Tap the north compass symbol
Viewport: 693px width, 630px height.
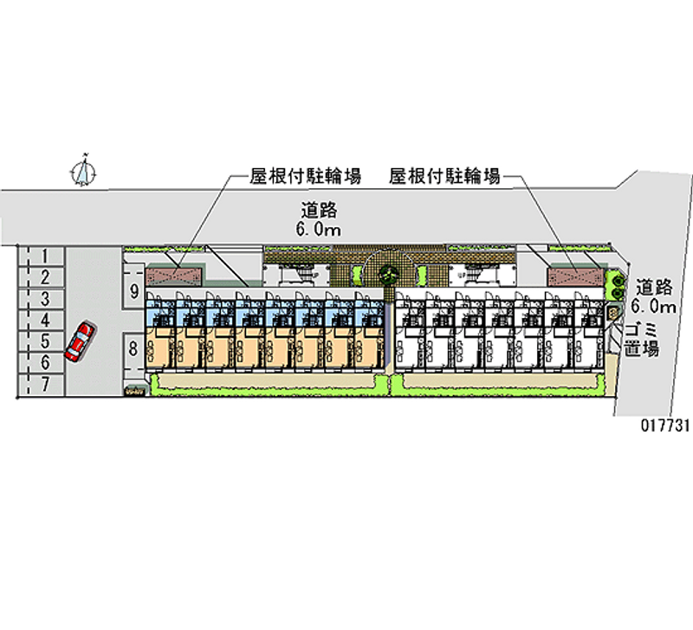(x=84, y=172)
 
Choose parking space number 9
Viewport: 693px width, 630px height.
(x=133, y=291)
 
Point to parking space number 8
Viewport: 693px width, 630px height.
(x=133, y=350)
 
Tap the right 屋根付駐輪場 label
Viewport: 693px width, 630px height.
(x=444, y=177)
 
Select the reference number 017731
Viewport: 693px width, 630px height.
(x=663, y=425)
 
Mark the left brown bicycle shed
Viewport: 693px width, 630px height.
(x=177, y=275)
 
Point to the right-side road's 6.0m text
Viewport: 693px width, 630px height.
(x=653, y=307)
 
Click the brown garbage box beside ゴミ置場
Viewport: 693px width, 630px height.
(x=613, y=310)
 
